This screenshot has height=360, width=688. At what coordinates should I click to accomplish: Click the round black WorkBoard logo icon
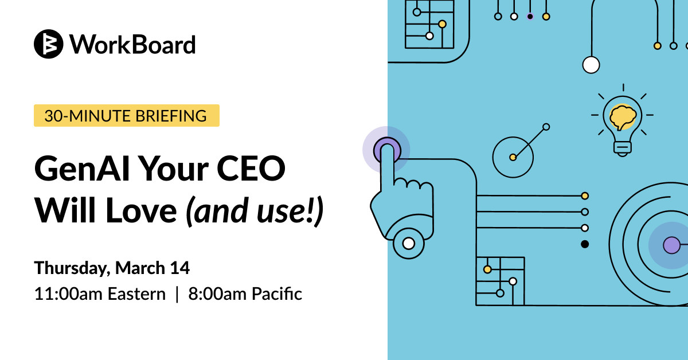click(49, 44)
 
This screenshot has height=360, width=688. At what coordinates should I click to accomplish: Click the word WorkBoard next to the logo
click(132, 45)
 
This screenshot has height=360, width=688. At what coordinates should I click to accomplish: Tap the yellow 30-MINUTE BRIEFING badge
click(127, 115)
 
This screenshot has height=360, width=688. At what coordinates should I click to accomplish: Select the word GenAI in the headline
click(82, 169)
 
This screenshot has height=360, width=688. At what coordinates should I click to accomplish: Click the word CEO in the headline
click(251, 169)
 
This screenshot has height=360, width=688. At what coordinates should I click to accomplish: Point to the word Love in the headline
click(141, 211)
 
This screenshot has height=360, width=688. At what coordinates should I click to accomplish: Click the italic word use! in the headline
click(285, 211)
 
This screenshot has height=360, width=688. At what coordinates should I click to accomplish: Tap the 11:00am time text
click(68, 294)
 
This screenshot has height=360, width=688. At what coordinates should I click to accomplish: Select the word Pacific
click(277, 294)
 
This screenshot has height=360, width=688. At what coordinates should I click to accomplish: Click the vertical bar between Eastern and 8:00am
click(177, 294)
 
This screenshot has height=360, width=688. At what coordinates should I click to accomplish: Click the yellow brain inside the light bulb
click(623, 117)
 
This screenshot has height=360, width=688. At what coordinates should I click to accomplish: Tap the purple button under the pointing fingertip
click(387, 150)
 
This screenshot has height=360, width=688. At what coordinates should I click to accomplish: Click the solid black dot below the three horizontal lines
click(585, 244)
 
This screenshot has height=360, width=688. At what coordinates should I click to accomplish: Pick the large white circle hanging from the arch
click(591, 65)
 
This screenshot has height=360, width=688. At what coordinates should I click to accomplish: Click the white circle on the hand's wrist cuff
click(408, 243)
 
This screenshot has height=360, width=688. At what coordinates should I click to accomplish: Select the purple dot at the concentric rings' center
click(672, 245)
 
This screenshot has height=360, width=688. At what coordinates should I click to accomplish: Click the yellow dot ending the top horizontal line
click(585, 196)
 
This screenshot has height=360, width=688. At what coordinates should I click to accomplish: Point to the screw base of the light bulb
click(623, 148)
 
